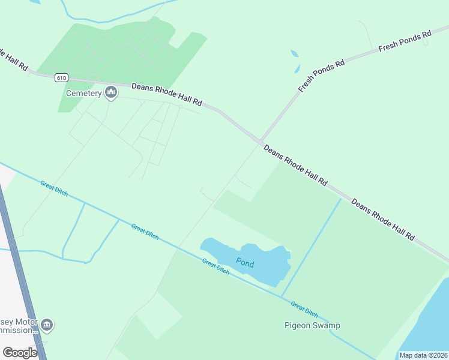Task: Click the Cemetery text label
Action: (83, 93)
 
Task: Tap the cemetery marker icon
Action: (110, 92)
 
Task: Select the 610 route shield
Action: (61, 77)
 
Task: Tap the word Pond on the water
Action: (246, 262)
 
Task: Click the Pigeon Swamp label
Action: (312, 326)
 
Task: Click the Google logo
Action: (20, 353)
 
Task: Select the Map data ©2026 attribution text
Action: (423, 355)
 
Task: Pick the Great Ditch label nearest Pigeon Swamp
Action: (304, 309)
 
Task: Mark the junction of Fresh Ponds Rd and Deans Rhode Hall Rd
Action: (261, 142)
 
